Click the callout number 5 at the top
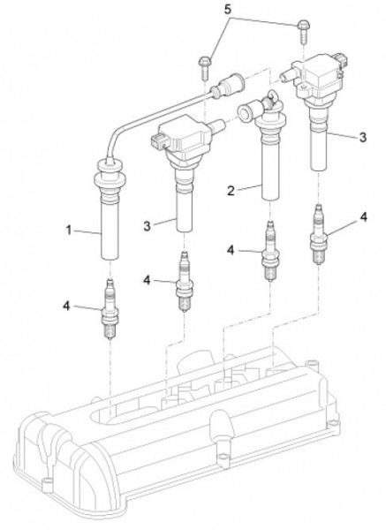tap(228, 10)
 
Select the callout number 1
tap(69, 231)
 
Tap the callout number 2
tap(231, 191)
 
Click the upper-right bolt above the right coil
tap(302, 33)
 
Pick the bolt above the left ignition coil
tap(205, 68)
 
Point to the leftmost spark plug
tap(110, 308)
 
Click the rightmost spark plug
tap(318, 234)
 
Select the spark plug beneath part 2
tap(270, 251)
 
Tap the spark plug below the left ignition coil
tap(185, 281)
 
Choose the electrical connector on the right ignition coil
tap(341, 61)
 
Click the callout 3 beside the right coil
tap(363, 137)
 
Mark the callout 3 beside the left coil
tap(147, 226)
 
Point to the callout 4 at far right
tap(363, 216)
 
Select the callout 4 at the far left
tap(66, 306)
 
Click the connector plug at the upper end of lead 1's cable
tap(228, 86)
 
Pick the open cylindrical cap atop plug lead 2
tap(246, 112)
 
